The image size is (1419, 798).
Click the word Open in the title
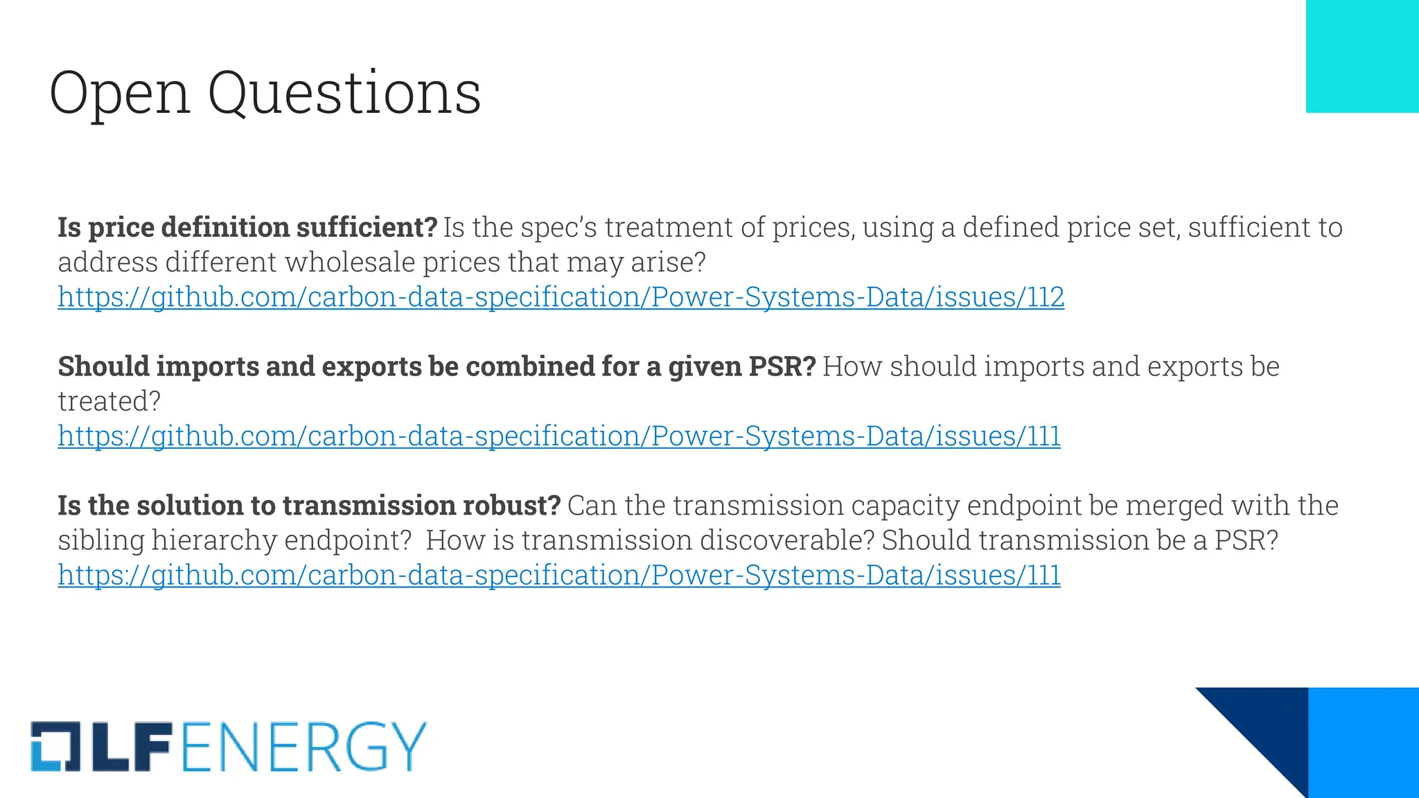[120, 94]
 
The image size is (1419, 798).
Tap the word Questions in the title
[344, 94]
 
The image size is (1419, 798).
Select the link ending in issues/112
[561, 297]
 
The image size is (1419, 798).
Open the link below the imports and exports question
[558, 436]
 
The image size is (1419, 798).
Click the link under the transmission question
[558, 576]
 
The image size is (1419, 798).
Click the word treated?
[109, 402]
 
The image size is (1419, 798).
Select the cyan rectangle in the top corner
[1362, 56]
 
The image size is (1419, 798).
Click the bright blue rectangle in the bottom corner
[1363, 742]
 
